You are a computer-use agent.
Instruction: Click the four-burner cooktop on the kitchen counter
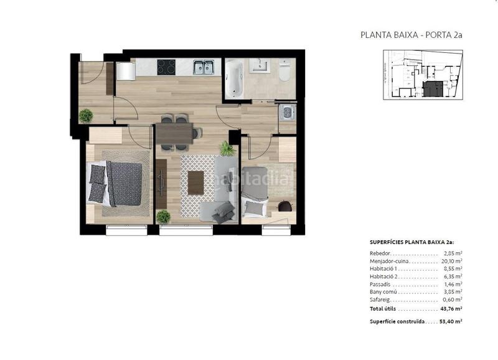(166, 67)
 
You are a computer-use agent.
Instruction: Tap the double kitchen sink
(204, 67)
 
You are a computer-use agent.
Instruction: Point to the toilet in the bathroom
(284, 70)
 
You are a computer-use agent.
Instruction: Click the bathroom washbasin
(259, 65)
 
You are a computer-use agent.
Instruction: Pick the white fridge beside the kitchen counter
(125, 70)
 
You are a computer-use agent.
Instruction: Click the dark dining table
(175, 133)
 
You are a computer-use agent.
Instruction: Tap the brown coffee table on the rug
(196, 182)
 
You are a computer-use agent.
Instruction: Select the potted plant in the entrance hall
(86, 115)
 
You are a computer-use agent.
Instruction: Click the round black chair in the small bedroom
(284, 206)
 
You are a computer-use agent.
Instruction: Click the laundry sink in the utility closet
(287, 113)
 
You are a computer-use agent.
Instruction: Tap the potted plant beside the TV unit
(163, 216)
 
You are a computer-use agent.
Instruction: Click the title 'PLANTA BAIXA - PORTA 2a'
(411, 35)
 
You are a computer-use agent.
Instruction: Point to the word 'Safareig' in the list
(382, 299)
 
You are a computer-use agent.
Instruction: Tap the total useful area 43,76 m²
(451, 309)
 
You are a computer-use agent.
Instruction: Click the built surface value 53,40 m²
(451, 321)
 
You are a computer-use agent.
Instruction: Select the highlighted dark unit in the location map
(433, 89)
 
